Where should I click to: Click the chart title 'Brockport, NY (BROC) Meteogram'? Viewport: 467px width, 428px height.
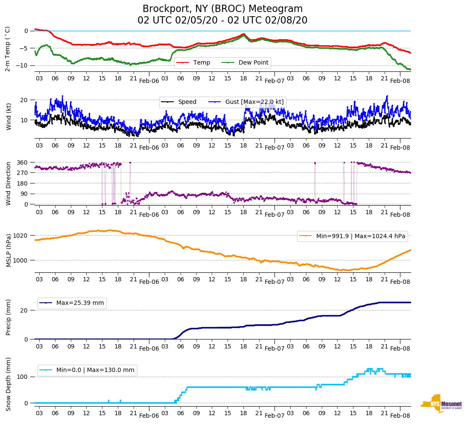coord(222,9)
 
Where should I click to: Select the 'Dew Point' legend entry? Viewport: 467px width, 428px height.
coord(253,63)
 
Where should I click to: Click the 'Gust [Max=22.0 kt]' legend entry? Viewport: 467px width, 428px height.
coord(254,102)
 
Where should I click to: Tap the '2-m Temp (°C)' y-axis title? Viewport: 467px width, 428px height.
coord(8,48)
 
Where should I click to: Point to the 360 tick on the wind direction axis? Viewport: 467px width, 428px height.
coord(23,162)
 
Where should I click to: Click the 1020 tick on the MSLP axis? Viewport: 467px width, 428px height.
coord(21,236)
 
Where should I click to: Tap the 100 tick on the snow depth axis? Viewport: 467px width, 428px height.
coord(23,377)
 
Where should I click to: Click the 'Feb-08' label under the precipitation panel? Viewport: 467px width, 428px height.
coord(400,348)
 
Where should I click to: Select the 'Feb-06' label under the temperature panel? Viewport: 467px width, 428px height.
coord(149,80)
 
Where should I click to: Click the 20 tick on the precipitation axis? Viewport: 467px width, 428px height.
coord(24,310)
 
